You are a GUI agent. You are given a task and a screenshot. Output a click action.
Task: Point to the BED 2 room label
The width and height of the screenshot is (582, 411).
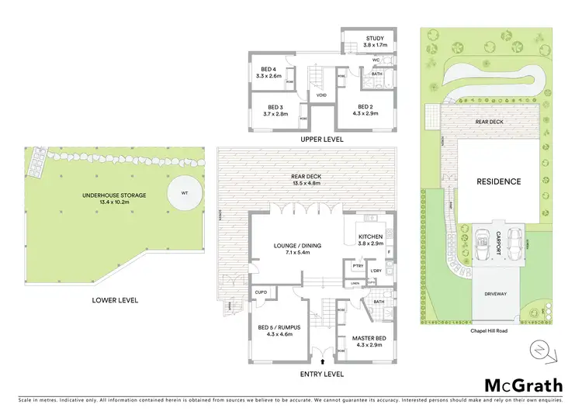click(x=365, y=107)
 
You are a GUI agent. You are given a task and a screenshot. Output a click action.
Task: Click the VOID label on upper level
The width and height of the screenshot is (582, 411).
click(x=321, y=96)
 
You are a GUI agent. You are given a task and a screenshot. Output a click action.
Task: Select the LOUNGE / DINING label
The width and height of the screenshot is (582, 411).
click(x=296, y=246)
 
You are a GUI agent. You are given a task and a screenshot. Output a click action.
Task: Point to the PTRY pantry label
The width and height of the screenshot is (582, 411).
click(x=358, y=266)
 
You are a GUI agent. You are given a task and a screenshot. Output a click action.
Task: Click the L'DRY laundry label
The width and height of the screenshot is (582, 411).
click(x=376, y=271)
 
